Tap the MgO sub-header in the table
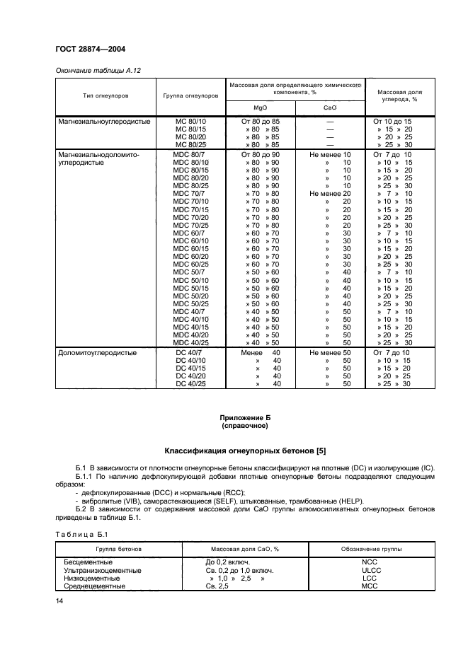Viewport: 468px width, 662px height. pyautogui.click(x=260, y=108)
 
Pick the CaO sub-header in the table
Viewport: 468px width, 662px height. pyautogui.click(x=329, y=108)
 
